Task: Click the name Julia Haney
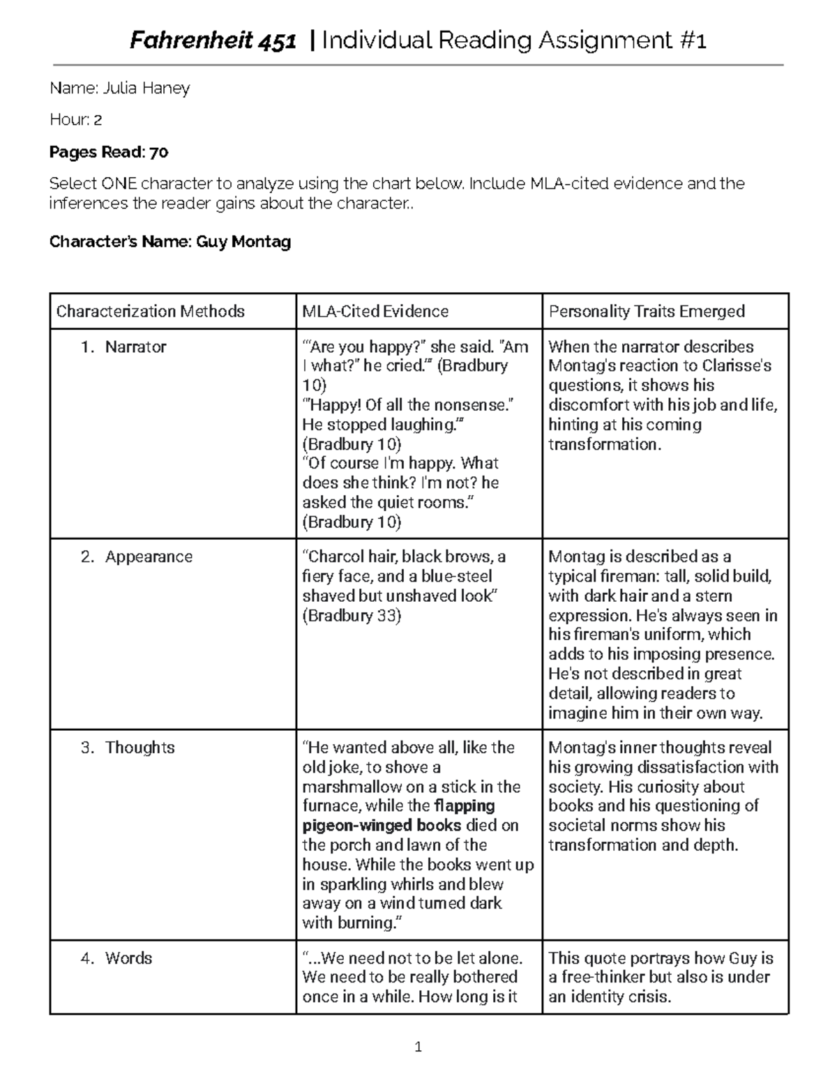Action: coord(146,88)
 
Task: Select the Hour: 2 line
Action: coord(75,120)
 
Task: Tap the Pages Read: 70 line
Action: coord(108,152)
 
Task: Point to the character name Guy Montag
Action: coord(243,242)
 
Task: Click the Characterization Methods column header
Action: coord(150,311)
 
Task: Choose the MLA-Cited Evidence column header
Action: coord(375,311)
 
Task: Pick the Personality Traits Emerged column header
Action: coord(647,311)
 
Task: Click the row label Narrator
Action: coord(135,347)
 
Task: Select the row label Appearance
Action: coord(149,556)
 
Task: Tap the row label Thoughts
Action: coord(139,748)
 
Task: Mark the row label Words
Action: coord(128,958)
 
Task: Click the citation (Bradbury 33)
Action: coord(352,616)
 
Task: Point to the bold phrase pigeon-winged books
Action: coord(381,826)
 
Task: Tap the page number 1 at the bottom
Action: coord(418,1046)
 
